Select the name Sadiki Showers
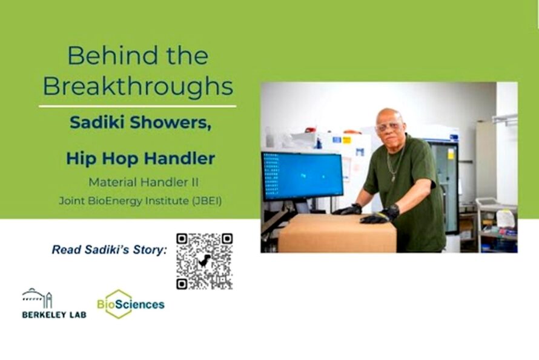coord(140,122)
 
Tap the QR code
coord(204,261)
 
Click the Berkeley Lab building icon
coord(38,299)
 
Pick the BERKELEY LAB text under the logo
coord(54,315)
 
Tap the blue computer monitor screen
coord(302,176)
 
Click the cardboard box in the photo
coord(336,233)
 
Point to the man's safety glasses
coord(388,127)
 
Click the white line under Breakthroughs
coord(137,106)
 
